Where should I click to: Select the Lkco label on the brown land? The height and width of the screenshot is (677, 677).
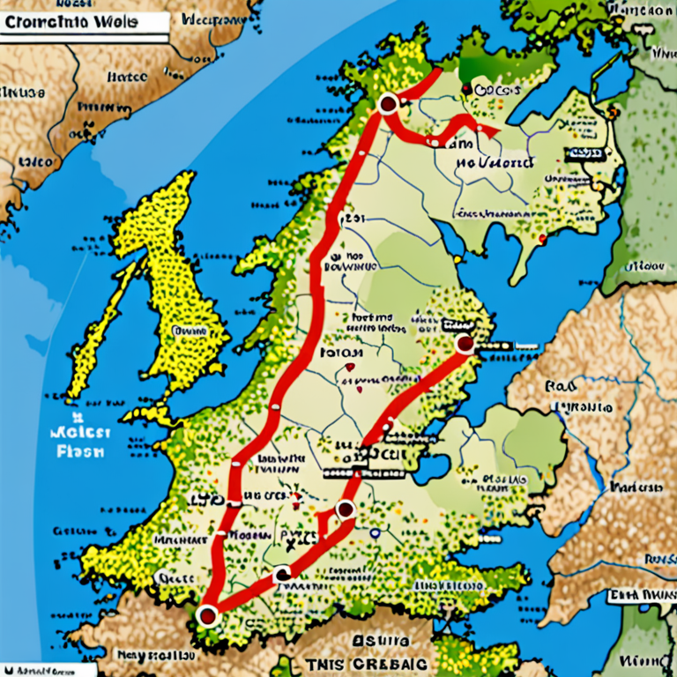click(x=33, y=163)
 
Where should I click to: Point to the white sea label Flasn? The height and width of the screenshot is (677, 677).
click(x=80, y=451)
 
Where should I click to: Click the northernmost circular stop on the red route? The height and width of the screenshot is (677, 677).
click(x=386, y=105)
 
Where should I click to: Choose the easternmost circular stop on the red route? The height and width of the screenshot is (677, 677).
click(x=464, y=345)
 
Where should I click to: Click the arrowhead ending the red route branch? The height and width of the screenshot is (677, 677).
click(x=481, y=127)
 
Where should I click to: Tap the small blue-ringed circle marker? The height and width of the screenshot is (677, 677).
click(x=375, y=532)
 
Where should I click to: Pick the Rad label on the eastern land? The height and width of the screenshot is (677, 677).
click(x=561, y=386)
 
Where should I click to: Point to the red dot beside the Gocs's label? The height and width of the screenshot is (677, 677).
click(x=465, y=89)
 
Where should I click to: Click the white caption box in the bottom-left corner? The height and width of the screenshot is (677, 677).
click(x=35, y=669)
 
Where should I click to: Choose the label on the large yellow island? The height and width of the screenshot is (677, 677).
click(x=188, y=331)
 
